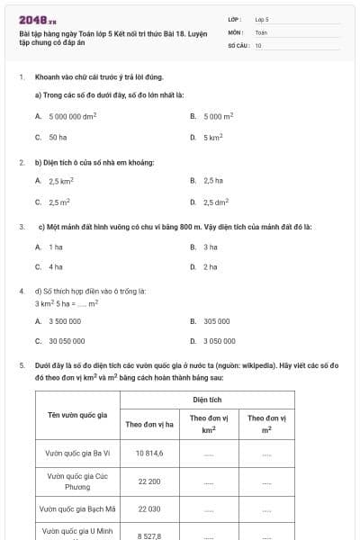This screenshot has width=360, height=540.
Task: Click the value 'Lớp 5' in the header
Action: tap(262, 18)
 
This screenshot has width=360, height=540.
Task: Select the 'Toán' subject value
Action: tap(261, 31)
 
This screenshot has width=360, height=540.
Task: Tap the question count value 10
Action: tap(258, 45)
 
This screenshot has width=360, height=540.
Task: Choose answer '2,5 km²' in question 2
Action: tap(61, 181)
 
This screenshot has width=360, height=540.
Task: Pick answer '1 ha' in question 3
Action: tap(56, 246)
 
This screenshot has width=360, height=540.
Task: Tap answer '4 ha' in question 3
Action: tap(56, 267)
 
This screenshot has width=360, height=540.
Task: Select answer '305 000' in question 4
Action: tap(217, 320)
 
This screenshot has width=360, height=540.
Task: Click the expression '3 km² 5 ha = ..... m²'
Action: tap(67, 303)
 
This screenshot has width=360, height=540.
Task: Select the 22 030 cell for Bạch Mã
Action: tap(149, 508)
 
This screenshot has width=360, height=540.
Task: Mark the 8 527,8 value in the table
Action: tap(149, 535)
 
